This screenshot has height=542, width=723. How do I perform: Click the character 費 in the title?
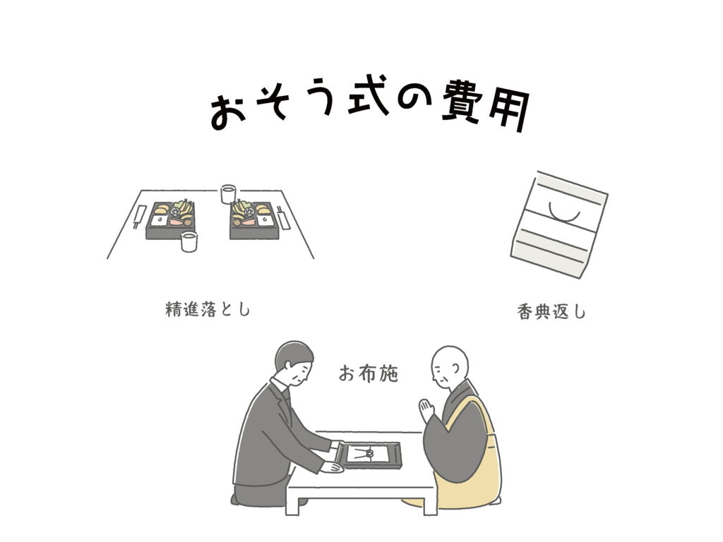point(462,102)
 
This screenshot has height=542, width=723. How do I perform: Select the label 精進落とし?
point(208,309)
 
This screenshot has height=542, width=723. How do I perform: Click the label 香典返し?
point(551,312)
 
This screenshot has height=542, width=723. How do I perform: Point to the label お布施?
point(368,373)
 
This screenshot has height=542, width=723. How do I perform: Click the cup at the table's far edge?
point(228,193)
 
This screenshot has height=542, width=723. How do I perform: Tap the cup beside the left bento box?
point(189,241)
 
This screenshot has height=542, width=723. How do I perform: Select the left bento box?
point(171,220)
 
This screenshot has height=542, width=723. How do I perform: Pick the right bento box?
point(254,220)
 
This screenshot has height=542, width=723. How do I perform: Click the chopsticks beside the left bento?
point(139,217)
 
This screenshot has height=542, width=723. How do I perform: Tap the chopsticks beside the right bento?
point(282,217)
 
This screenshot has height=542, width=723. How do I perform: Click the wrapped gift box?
point(559,225)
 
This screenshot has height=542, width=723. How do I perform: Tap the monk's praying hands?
point(426,411)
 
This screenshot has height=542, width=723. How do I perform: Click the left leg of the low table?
point(292,505)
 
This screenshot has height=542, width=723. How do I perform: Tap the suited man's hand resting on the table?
point(332,467)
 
